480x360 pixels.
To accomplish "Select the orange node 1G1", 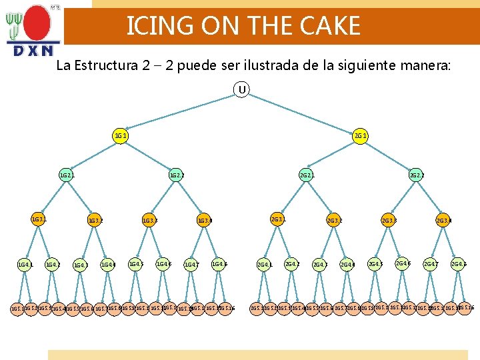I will (x=121, y=136).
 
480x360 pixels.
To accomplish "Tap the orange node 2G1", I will (x=361, y=136).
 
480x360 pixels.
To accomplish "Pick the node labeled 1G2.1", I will (x=66, y=176).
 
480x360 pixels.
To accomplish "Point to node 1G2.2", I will (x=176, y=176).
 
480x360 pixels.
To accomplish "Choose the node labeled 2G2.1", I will (x=307, y=176).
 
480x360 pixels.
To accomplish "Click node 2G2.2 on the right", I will (x=416, y=176).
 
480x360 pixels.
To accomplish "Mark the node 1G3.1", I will (x=39, y=219).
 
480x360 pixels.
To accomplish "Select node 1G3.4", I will (x=204, y=220).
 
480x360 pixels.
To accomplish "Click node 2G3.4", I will (x=443, y=220).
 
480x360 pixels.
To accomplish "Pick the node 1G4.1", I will (x=25, y=265).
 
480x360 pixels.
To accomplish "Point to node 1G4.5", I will (x=136, y=264).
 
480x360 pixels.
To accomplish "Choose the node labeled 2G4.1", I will (x=265, y=265).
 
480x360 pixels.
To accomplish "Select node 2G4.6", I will (x=403, y=264).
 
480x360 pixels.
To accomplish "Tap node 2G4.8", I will (x=458, y=265).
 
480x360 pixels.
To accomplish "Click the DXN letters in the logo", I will (x=33, y=51).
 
